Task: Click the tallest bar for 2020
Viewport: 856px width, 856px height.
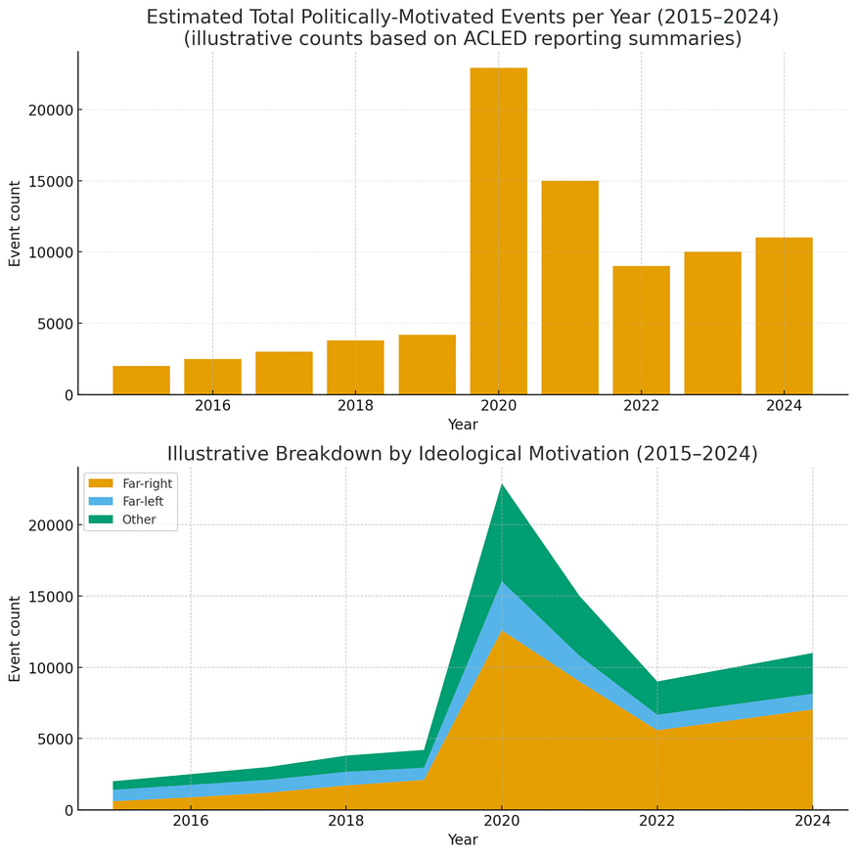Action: click(498, 231)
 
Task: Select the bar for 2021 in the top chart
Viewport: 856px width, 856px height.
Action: click(570, 288)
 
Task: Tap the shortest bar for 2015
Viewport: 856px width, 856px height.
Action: click(142, 380)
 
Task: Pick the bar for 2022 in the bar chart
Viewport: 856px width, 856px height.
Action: click(642, 331)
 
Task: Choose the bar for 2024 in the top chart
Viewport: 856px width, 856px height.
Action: click(784, 316)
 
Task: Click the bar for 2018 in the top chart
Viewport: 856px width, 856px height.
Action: click(355, 368)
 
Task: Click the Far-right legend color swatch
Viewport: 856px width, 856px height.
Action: click(101, 483)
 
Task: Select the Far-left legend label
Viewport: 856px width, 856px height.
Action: click(143, 501)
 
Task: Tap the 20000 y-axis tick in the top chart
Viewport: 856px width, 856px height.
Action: click(50, 111)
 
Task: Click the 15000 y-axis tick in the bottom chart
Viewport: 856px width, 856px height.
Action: click(50, 597)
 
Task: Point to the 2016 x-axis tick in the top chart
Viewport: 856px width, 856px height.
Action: click(213, 406)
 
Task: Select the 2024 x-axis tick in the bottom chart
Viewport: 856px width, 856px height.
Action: click(813, 821)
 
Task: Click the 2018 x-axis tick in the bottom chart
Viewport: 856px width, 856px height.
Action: click(345, 821)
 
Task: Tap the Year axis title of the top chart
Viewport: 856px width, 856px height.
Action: click(463, 425)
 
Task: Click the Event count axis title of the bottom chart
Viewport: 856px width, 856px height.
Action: click(15, 639)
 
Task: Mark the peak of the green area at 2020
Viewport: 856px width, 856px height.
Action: click(502, 483)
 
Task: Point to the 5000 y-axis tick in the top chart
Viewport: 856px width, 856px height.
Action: click(54, 324)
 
